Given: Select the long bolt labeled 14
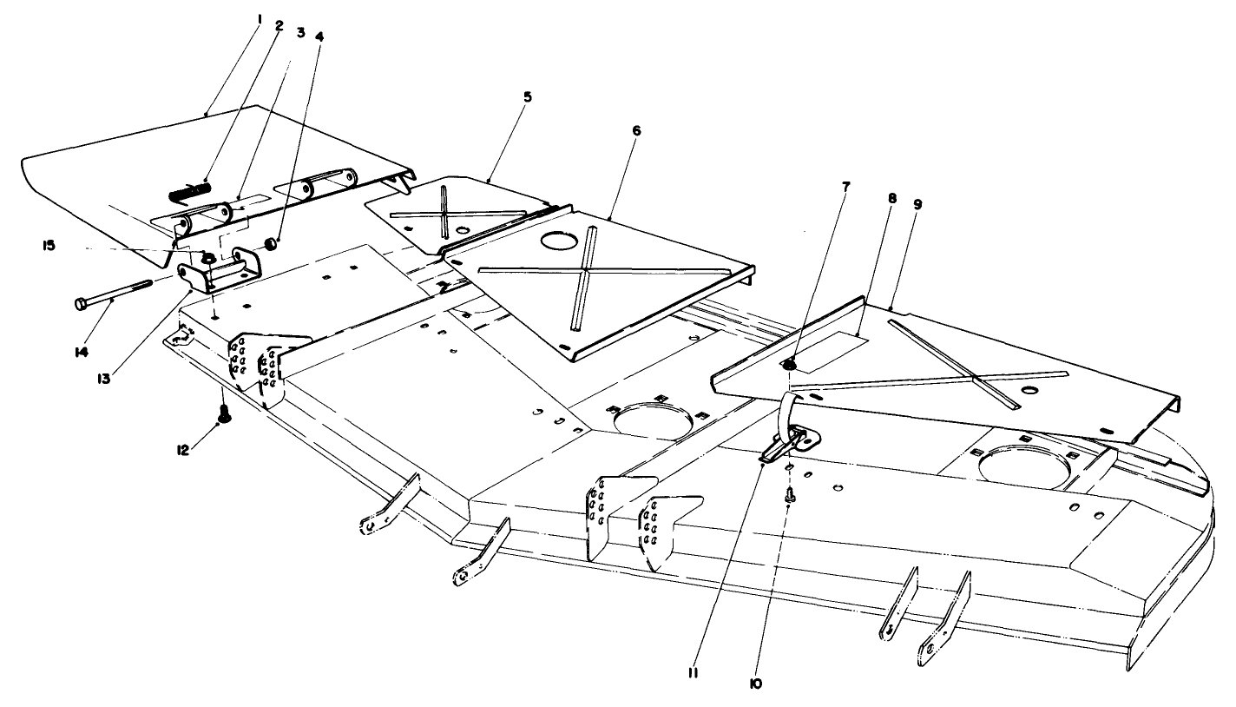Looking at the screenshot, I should pyautogui.click(x=113, y=292).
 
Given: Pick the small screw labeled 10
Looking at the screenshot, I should pyautogui.click(x=791, y=493).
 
